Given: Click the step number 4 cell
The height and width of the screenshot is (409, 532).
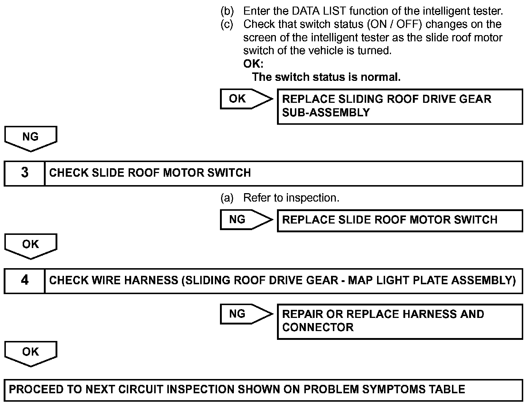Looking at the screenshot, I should coord(24,280).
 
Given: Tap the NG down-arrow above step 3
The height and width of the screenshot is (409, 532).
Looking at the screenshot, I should coord(31,138).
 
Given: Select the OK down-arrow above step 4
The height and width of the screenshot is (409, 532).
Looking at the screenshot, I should coord(31,245).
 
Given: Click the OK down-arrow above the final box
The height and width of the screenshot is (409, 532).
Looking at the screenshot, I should coord(31,353).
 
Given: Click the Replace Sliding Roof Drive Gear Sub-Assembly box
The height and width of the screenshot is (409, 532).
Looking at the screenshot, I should coord(400,106).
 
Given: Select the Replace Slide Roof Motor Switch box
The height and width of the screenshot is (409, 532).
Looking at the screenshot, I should coord(400,220).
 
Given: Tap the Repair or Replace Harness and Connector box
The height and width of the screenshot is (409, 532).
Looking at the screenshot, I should coord(400,321).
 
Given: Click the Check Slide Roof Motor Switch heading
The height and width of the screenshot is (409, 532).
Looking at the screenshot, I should coord(150,173).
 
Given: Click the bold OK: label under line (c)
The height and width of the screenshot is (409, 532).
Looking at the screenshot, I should coord(253,64).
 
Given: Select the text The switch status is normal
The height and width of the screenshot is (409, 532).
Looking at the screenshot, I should coord(326,77).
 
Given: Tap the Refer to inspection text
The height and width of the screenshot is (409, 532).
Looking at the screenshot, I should coord(291,198).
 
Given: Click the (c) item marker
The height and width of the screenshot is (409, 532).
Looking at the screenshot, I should coord(227,24).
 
